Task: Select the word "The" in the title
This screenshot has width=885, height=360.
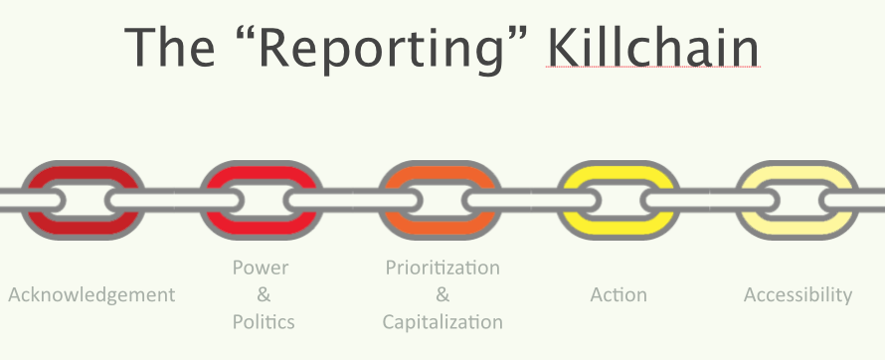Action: (x=169, y=47)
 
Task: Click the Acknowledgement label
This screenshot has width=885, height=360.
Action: (x=91, y=295)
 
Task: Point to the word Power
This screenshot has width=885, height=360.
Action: (x=261, y=268)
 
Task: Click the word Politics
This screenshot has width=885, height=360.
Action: (x=264, y=321)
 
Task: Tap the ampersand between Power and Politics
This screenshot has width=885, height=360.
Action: (x=264, y=294)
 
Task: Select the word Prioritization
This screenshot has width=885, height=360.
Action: (x=442, y=268)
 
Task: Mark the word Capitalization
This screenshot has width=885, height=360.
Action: (x=442, y=322)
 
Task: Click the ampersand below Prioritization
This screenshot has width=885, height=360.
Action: (x=442, y=294)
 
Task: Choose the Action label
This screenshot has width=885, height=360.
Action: (x=619, y=294)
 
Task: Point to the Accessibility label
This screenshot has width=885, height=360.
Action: (x=798, y=295)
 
